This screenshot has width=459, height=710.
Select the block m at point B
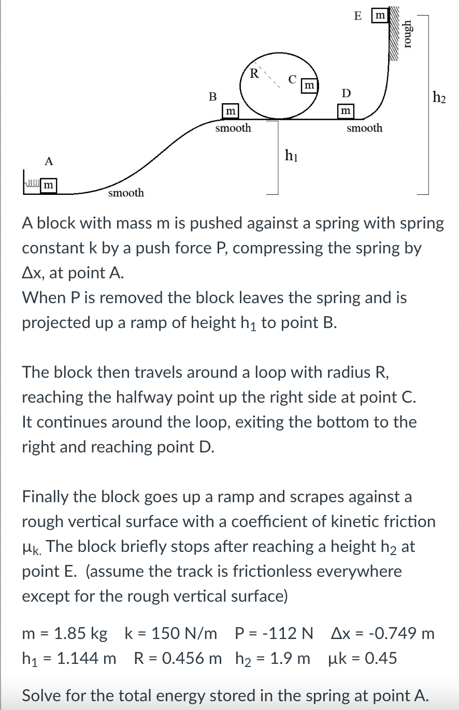pyautogui.click(x=229, y=111)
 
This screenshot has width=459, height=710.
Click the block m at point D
pyautogui.click(x=345, y=111)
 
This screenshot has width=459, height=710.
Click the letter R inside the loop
pyautogui.click(x=254, y=73)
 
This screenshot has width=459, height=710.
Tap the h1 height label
pyautogui.click(x=291, y=154)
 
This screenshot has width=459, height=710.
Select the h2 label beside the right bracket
pyautogui.click(x=439, y=96)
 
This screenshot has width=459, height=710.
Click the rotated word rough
pyautogui.click(x=409, y=34)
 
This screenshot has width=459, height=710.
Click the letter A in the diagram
pyautogui.click(x=49, y=161)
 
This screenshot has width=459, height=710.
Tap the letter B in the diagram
pyautogui.click(x=212, y=96)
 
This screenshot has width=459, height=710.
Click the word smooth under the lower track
pyautogui.click(x=126, y=193)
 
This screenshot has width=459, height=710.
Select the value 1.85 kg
pyautogui.click(x=81, y=633)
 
